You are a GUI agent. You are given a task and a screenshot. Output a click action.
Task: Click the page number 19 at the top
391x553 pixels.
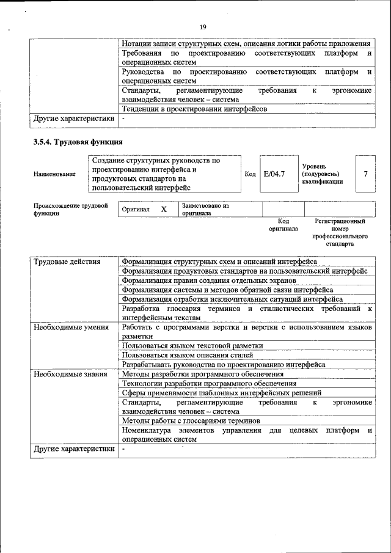point(203,26)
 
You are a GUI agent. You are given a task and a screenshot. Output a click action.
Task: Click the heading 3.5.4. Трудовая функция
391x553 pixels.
point(78,142)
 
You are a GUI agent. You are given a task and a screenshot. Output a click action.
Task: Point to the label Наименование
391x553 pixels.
point(55,174)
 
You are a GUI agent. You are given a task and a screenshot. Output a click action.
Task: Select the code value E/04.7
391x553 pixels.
point(274,174)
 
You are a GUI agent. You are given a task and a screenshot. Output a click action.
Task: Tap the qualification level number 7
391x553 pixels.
point(365,174)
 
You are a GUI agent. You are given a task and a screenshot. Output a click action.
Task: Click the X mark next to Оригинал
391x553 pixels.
point(164,210)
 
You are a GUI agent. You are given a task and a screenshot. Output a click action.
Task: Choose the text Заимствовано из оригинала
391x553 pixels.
point(205,210)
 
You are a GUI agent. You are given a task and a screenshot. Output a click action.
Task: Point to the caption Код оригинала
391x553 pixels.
point(283,225)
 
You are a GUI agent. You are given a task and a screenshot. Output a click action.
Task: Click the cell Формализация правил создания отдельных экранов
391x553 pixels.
point(209,280)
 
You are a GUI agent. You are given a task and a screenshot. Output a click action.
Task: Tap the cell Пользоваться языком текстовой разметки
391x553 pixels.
point(192,346)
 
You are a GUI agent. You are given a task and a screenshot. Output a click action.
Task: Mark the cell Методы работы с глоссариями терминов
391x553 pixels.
point(191,421)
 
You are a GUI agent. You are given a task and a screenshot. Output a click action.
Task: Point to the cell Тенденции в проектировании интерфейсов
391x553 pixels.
point(194,109)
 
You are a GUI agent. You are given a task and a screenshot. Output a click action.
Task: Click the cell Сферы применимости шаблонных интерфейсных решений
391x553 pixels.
point(221,393)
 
